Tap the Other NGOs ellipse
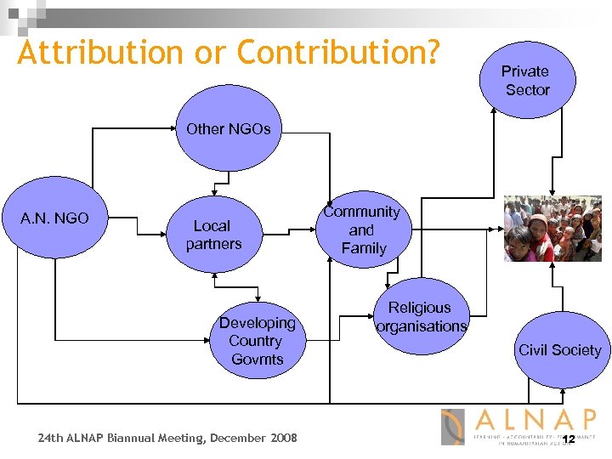click(228, 131)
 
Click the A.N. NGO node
click(54, 218)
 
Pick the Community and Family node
click(363, 230)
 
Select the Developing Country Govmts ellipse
click(257, 341)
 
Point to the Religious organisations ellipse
click(422, 316)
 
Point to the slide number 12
click(569, 439)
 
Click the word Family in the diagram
click(364, 248)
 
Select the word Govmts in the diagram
click(257, 360)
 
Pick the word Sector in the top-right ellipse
click(527, 90)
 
